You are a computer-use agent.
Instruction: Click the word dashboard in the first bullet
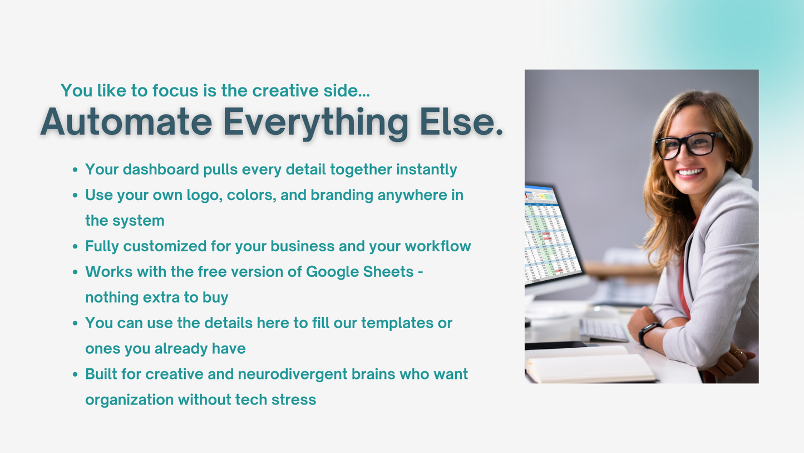(x=161, y=169)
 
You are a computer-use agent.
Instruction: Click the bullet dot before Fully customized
(x=75, y=246)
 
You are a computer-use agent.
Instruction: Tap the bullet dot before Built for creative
(x=75, y=374)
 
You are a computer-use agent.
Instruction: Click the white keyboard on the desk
(x=603, y=331)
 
